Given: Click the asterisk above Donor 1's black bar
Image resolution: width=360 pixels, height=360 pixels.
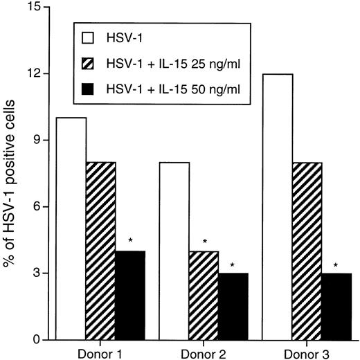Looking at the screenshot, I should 130,241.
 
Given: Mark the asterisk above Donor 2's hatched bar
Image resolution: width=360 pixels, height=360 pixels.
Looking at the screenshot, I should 205,242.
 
